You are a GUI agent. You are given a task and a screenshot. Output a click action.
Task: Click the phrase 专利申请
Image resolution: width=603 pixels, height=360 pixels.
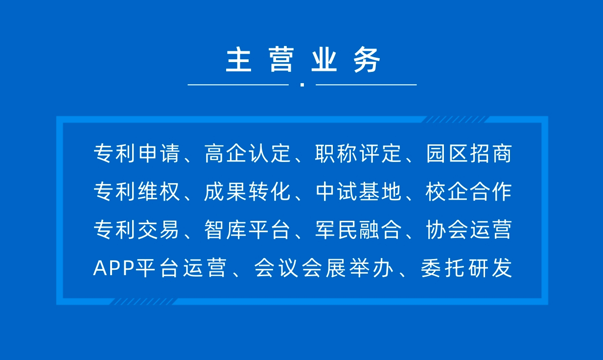pos(137,153)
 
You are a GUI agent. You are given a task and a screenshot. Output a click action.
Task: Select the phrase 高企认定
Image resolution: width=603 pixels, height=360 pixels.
pos(247,153)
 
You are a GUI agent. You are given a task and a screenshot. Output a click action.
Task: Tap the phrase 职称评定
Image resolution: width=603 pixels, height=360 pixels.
pos(358,153)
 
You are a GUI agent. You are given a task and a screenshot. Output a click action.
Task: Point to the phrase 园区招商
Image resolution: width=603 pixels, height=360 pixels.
pos(469,153)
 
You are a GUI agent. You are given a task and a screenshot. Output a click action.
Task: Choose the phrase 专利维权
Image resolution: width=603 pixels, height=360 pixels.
pos(137,192)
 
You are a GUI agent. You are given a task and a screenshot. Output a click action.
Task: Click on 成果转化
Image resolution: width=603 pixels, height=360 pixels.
pos(247,192)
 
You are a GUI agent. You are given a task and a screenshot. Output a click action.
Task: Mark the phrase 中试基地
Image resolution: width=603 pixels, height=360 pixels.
pos(358,192)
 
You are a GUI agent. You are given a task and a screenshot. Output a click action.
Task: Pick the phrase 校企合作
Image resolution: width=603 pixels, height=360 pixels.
pos(469,192)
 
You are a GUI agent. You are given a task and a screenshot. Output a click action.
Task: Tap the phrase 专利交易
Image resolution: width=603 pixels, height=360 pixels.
pos(137,230)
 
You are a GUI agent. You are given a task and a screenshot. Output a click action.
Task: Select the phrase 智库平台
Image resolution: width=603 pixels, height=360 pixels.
pos(247,230)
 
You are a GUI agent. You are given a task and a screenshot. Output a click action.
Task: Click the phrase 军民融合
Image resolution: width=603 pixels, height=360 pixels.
pos(358,230)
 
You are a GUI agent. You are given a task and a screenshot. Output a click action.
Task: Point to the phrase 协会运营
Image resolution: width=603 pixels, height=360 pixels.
pos(469,230)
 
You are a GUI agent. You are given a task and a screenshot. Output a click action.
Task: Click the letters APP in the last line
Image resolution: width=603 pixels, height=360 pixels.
pos(114,268)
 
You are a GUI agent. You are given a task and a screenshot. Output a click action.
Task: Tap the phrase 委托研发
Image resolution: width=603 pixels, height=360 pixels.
pos(466,268)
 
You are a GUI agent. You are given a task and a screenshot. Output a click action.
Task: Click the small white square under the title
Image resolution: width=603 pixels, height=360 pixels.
pos(302,85)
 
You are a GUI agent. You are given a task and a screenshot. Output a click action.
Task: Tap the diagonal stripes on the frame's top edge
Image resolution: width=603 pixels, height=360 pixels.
pos(455,120)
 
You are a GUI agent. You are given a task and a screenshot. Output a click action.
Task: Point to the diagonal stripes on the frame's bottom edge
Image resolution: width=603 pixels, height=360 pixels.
pos(143,302)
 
